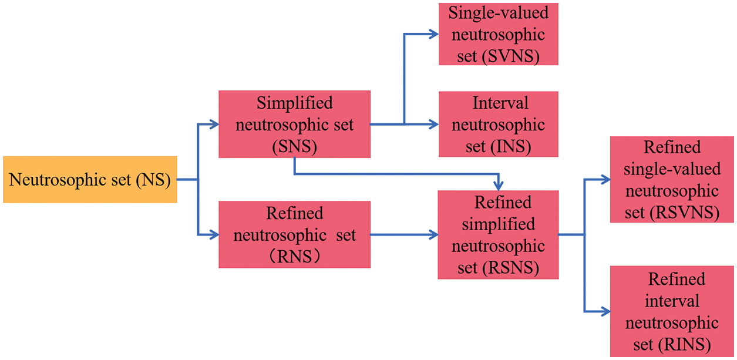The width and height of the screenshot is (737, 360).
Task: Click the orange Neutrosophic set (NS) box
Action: (x=90, y=180)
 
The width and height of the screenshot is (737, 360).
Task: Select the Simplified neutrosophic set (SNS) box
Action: (x=294, y=124)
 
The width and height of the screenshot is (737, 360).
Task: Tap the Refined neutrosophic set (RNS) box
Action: (x=294, y=234)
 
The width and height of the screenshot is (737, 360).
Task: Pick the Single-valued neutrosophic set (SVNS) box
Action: (x=498, y=34)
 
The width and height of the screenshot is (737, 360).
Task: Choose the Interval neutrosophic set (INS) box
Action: (x=498, y=124)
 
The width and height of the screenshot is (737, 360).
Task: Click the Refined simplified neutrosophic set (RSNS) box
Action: (x=498, y=234)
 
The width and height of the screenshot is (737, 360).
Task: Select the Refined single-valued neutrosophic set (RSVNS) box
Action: (x=672, y=180)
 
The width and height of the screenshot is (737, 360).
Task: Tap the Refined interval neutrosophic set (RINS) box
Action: (x=672, y=311)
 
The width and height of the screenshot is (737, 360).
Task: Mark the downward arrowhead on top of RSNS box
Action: (x=498, y=184)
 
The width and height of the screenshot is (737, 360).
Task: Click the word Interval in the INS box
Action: (x=500, y=103)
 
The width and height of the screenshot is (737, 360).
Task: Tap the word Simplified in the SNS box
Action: (x=294, y=103)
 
